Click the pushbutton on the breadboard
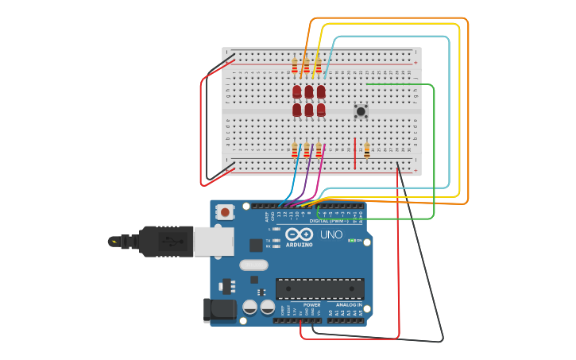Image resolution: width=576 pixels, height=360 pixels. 361,111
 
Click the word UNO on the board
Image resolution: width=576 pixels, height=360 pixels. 331,235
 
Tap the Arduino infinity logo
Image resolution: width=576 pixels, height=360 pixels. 299,234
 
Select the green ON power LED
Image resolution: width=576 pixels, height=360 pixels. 350,241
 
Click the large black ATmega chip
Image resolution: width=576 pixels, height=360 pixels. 319,289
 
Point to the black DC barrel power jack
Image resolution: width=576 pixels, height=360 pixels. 220,310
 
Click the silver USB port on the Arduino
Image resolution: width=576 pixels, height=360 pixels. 213,241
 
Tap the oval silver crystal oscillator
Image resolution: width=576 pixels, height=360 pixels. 253,265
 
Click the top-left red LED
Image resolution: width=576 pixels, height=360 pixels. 297,91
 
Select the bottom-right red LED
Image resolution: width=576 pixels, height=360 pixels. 321,110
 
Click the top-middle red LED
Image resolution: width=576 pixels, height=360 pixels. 309,91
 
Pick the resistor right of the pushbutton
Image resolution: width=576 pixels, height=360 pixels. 366,149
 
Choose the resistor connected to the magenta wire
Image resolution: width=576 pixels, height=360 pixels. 319,149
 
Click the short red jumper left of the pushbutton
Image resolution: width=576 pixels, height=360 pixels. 354,153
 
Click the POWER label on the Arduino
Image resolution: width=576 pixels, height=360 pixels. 312,304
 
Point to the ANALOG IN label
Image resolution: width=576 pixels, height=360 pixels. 348,304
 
